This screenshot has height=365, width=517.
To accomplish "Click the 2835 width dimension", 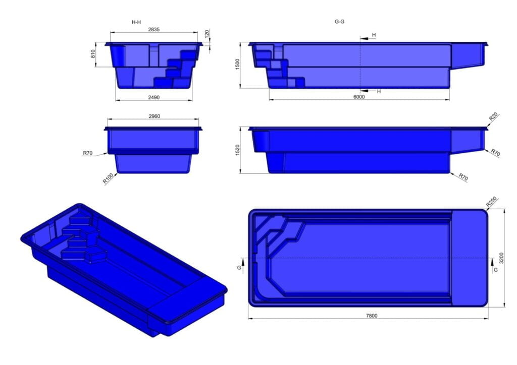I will [154, 30].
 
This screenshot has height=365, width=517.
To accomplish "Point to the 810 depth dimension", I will [93, 54].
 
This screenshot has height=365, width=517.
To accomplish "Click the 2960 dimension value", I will [154, 116].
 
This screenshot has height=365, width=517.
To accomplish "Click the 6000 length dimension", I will [359, 97].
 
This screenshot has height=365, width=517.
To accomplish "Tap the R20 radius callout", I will [493, 117].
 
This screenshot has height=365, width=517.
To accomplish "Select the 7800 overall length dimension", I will [371, 316].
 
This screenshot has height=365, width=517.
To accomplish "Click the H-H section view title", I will [136, 22].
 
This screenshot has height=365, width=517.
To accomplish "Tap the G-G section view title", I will [339, 22].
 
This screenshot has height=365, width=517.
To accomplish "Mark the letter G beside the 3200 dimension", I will [495, 270].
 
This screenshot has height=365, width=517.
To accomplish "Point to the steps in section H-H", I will [177, 68].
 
